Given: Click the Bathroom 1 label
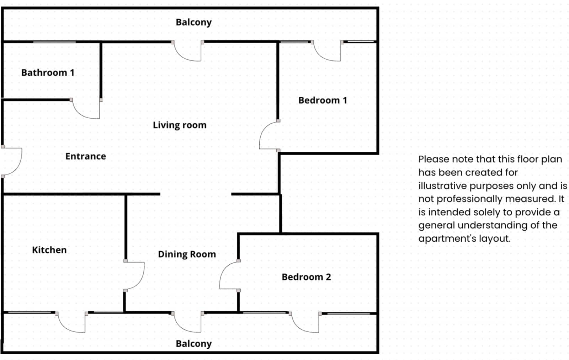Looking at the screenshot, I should pos(48,72).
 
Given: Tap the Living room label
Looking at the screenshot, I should pos(180,125).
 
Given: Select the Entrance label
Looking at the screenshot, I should pos(85,156).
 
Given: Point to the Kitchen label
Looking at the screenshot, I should pos(49,250).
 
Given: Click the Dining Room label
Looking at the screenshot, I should pos(187,254).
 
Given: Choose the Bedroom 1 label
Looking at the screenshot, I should pos(323,100).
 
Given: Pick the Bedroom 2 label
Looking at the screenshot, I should pos(306,277).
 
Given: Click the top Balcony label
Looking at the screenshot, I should pos(193,22).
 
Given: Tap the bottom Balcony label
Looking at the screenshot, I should pos(193,344).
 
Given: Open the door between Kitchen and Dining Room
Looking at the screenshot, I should pos(135,276).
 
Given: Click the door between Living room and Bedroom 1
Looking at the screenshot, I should pos(268,136).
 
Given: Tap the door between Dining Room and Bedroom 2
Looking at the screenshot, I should pos(229,276).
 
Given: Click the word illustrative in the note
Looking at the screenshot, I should pos(442,186).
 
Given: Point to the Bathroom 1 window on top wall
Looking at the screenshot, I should pos(54,42).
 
